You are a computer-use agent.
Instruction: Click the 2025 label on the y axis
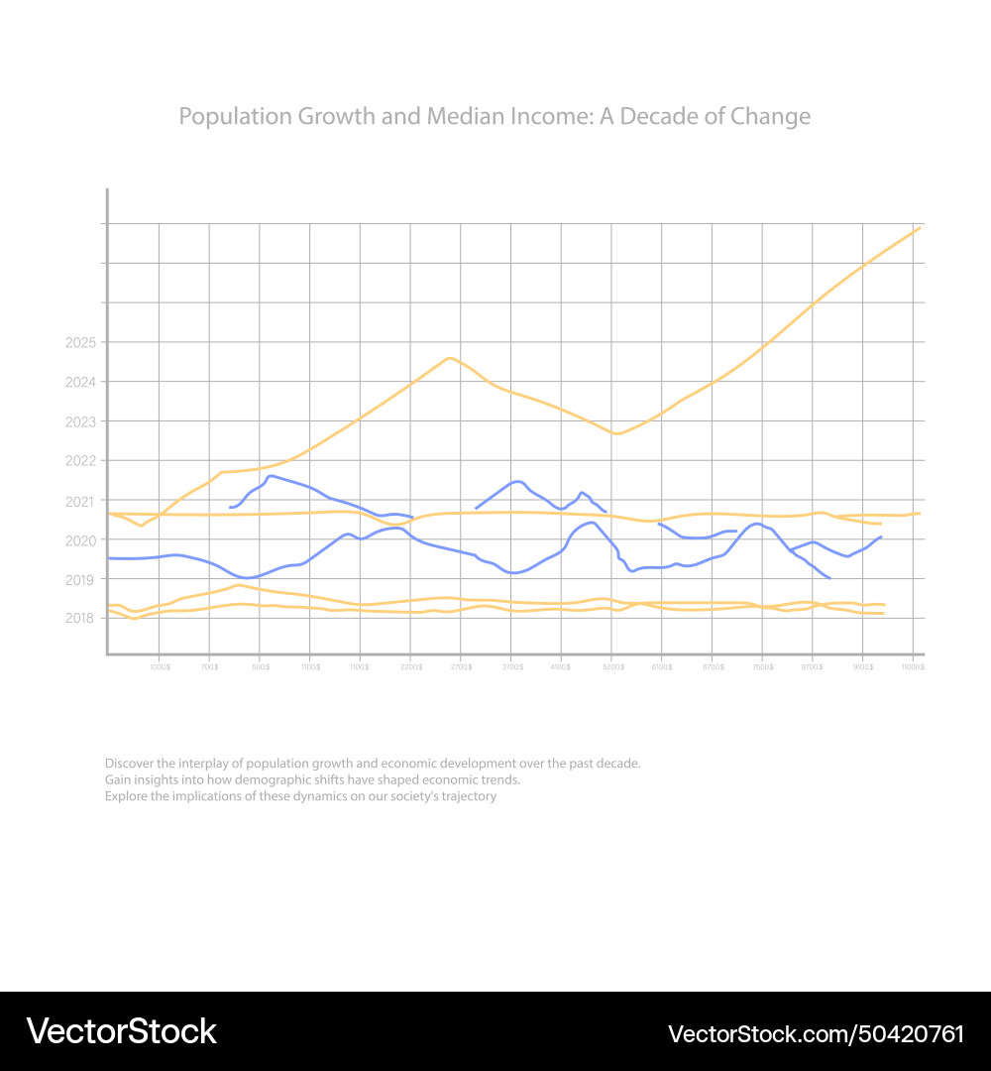coord(79,343)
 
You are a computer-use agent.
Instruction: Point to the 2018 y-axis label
coord(79,619)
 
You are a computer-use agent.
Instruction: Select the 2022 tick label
coord(79,461)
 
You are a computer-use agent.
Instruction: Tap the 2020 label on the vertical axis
coord(79,540)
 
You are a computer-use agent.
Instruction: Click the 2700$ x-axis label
coord(461,667)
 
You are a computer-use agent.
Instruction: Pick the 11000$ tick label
coord(913,667)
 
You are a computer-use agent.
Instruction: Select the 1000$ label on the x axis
coord(160,667)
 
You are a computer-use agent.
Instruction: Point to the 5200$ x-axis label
coord(612,667)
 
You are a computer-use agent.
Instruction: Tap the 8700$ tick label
coord(813,667)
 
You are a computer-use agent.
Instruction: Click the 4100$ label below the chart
coord(562,667)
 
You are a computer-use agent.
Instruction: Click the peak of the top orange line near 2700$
coord(450,358)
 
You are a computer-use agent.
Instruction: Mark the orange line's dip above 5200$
coord(616,433)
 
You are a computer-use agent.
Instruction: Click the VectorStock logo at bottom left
coord(121,1032)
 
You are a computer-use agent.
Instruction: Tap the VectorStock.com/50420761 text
coord(816,1033)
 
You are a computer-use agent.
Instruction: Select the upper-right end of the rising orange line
coord(920,228)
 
